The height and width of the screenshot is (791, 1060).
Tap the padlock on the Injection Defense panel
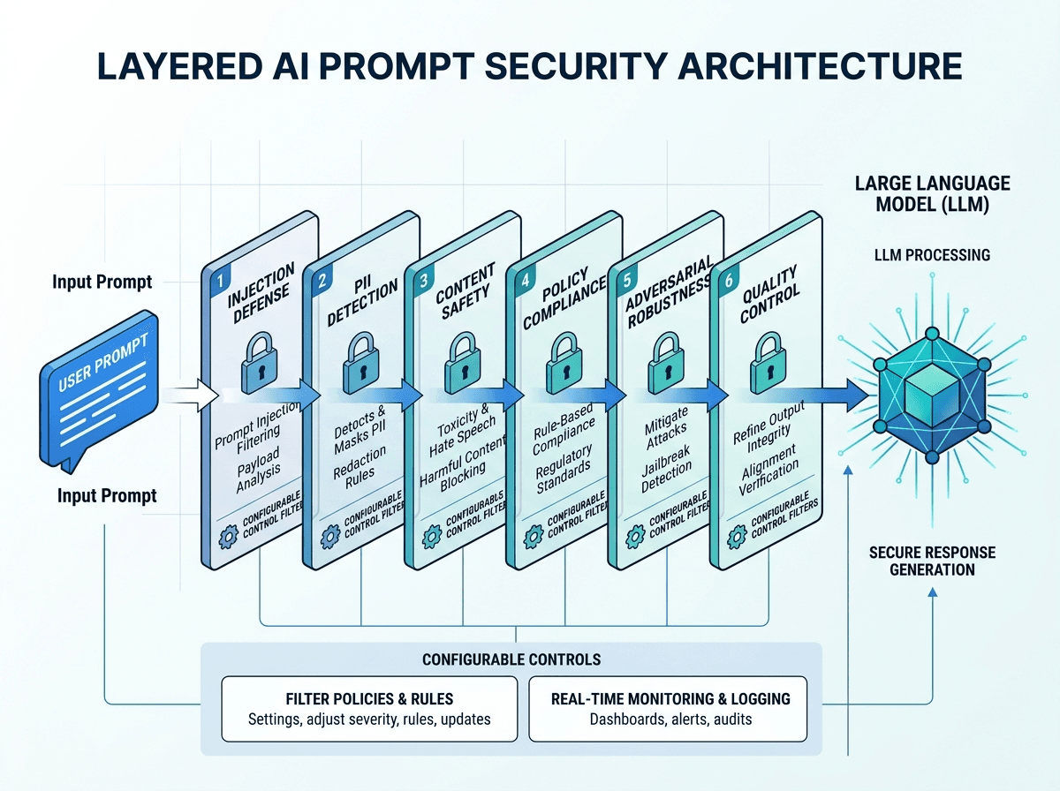tap(260, 363)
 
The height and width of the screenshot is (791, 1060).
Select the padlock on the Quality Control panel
tap(768, 363)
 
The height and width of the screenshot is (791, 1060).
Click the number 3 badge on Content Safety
tap(424, 281)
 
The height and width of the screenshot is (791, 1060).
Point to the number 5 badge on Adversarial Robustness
tap(627, 281)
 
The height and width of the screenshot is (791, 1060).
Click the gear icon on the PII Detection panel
tap(330, 536)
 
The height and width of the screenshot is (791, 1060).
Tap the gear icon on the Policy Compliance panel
tap(534, 536)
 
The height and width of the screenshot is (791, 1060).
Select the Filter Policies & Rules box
tap(369, 709)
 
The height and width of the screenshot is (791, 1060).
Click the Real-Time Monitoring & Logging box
tap(668, 709)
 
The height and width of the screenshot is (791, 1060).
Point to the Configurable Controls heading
tap(511, 659)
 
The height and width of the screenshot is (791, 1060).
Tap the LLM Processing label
tap(932, 255)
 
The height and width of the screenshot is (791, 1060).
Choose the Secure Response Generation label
tap(932, 561)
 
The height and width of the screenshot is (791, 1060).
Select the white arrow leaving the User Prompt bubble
tap(189, 395)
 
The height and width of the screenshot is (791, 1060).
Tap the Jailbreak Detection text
tap(666, 470)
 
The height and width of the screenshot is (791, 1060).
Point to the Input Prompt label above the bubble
tap(102, 282)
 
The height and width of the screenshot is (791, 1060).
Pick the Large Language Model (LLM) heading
tap(932, 194)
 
